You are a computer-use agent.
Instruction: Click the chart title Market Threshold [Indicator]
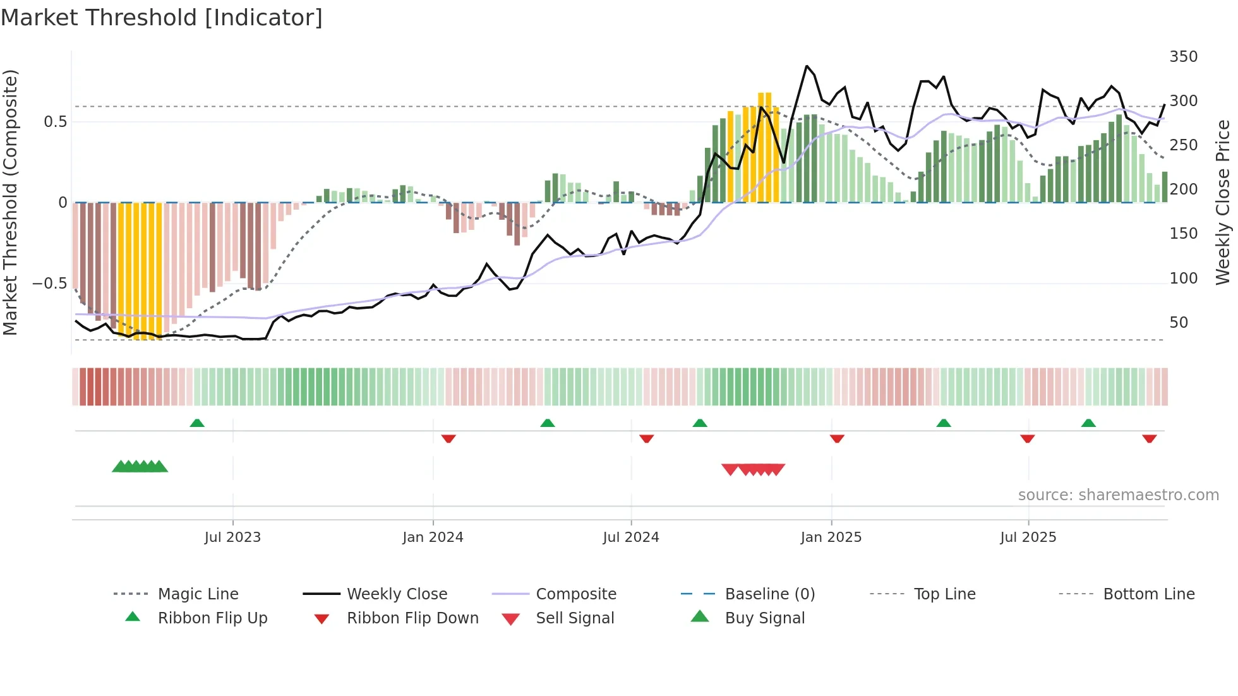point(162,18)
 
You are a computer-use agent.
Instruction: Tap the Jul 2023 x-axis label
point(232,537)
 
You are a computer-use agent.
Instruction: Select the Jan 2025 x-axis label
point(831,537)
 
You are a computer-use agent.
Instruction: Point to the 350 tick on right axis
point(1183,57)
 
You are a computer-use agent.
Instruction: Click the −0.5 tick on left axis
point(50,284)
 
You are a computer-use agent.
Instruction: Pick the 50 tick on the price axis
point(1179,323)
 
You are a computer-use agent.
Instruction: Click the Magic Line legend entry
point(198,594)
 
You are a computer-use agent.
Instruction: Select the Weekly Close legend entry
point(397,594)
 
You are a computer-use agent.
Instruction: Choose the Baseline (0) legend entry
point(769,594)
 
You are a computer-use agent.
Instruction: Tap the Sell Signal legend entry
point(575,618)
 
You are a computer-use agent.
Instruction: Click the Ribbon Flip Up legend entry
point(212,618)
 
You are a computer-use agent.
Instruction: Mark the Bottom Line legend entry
point(1148,594)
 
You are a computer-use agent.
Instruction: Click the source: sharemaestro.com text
point(1118,495)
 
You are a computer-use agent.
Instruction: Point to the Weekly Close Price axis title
point(1223,202)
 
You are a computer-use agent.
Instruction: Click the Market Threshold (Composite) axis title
point(10,202)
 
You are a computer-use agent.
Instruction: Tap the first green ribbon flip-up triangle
point(197,423)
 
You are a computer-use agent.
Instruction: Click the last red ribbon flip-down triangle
point(1149,438)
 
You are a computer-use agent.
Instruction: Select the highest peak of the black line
point(807,66)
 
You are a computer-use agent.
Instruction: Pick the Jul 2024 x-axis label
point(630,537)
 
